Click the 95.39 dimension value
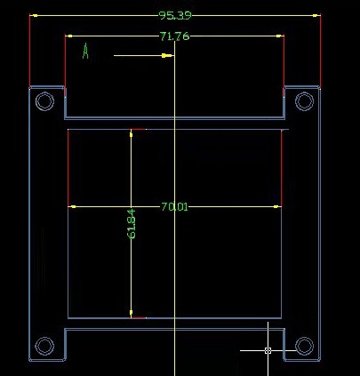175,15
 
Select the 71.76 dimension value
174,36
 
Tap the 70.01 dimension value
174,206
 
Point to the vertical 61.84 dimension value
132,224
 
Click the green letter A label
85,51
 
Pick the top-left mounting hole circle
44,101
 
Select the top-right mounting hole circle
305,101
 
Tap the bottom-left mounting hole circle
44,346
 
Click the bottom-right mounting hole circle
305,346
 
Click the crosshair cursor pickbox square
268,350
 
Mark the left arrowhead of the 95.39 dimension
34,15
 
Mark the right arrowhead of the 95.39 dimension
316,15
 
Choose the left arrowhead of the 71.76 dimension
69,36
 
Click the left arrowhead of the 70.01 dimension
72,206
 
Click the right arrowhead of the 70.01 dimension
277,206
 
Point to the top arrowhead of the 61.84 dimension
131,133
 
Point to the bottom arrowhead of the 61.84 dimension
131,314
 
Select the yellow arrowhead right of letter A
167,55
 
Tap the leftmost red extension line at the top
29,51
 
